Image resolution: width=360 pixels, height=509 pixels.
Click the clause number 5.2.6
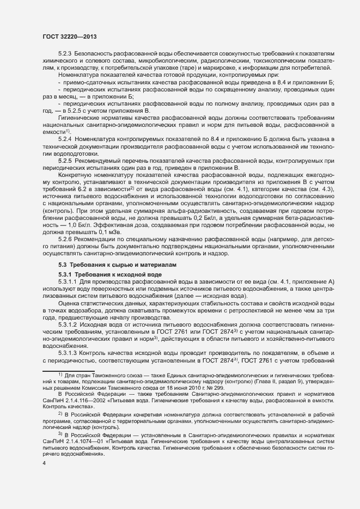point(65,238)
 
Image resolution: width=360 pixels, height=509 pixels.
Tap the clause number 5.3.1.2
point(68,323)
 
